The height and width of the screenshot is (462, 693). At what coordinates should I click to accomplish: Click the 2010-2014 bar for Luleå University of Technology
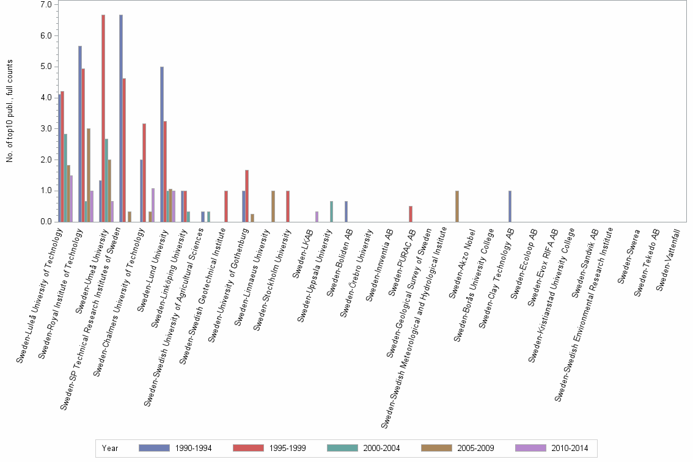(x=71, y=199)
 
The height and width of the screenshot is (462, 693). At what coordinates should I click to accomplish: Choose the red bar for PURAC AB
(x=411, y=214)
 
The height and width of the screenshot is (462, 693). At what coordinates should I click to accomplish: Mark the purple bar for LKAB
(x=317, y=216)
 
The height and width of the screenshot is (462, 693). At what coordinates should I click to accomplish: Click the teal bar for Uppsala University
(x=331, y=211)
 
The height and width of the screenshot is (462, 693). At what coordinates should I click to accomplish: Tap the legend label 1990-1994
(x=193, y=448)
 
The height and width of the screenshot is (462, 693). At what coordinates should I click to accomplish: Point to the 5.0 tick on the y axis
(x=45, y=67)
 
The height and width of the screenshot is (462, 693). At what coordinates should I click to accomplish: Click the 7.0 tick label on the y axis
(x=45, y=4)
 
